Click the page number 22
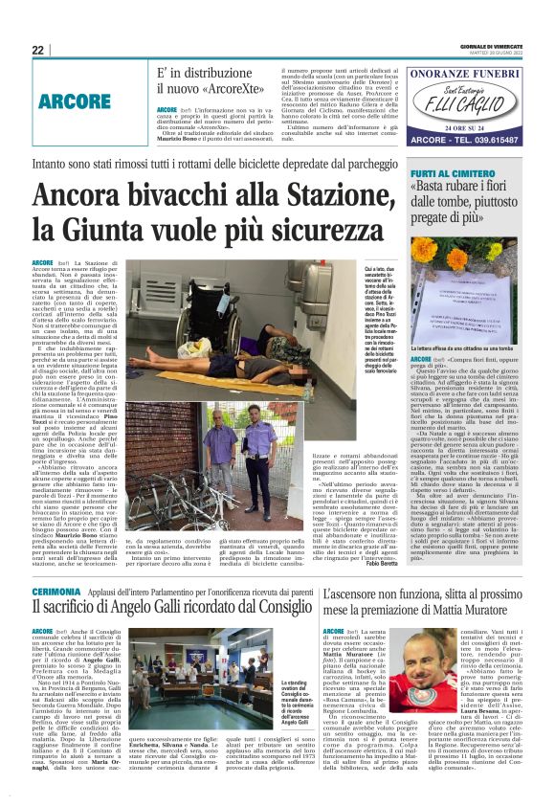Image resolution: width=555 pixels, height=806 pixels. coord(37,50)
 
